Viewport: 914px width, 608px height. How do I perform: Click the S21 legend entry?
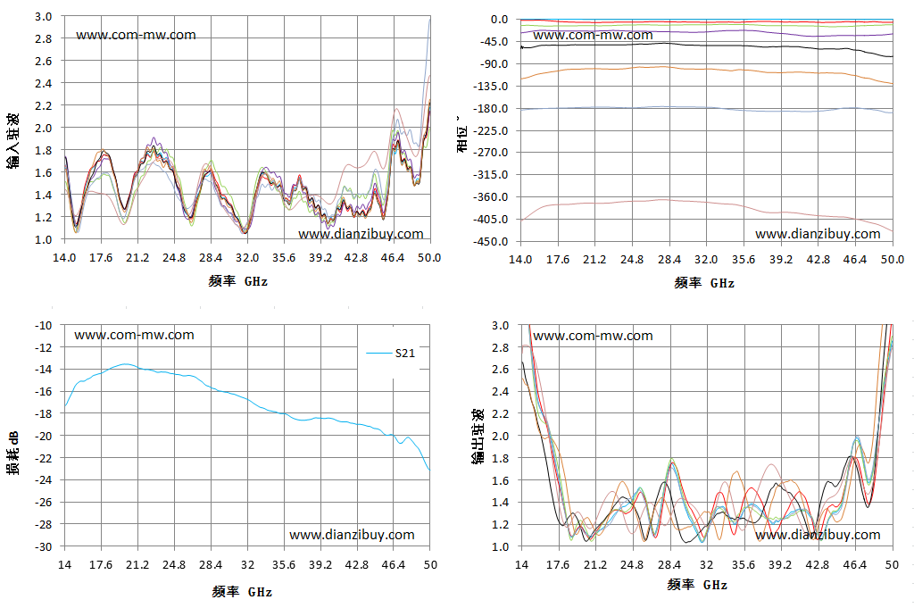391,354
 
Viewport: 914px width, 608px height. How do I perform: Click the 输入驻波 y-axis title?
13,141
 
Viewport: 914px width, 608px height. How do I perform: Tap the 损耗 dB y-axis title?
12,453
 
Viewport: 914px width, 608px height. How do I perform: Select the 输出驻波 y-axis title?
478,437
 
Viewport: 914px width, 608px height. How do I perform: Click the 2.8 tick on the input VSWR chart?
43,38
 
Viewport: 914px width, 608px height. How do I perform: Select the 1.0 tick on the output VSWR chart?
500,546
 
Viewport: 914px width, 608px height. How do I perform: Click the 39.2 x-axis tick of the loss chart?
320,565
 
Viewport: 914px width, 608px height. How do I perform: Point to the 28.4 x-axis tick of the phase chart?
669,260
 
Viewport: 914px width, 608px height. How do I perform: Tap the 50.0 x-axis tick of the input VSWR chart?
429,258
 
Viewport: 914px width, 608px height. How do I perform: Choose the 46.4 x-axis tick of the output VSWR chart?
855,565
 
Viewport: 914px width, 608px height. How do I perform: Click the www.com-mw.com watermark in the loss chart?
134,335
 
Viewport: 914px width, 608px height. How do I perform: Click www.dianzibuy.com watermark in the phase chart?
818,234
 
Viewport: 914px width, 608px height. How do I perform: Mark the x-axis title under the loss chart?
242,592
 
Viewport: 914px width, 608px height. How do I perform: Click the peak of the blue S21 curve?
125,363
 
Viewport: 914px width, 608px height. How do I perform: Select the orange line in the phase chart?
707,70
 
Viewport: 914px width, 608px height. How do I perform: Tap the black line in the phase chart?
707,45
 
